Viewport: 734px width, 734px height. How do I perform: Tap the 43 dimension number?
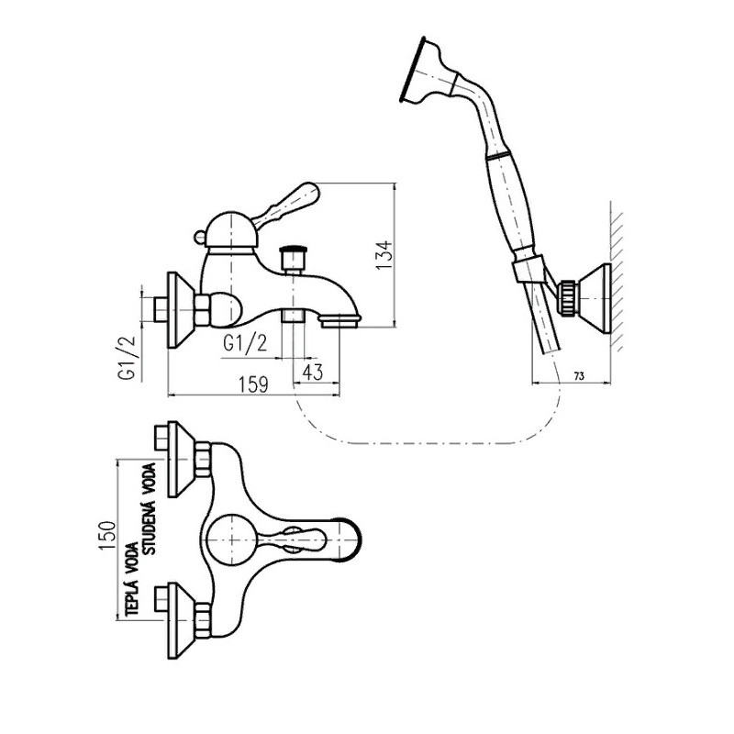314,373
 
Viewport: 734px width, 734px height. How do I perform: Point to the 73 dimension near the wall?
579,376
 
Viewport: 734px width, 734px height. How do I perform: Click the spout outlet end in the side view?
341,320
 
